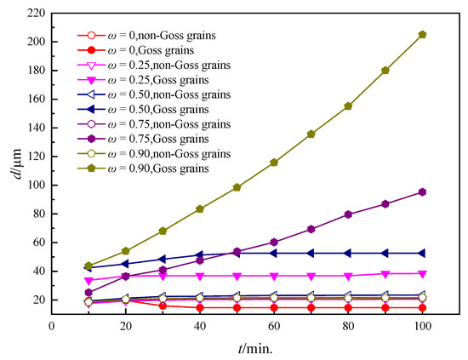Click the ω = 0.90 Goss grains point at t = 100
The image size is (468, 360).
point(423,34)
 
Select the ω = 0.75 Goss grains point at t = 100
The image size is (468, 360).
point(423,192)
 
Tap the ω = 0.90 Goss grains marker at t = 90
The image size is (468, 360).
point(385,71)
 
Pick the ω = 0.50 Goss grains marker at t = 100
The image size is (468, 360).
point(423,253)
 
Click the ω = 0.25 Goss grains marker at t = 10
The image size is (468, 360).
point(88,281)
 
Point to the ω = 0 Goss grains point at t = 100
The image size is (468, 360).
point(423,307)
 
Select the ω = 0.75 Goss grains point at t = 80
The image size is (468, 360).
point(348,214)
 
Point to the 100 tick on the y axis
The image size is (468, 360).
point(34,185)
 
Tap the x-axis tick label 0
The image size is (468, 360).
point(51,325)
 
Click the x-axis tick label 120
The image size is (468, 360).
point(460,325)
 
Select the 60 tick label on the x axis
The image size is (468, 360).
point(274,325)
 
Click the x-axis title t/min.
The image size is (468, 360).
point(255,347)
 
